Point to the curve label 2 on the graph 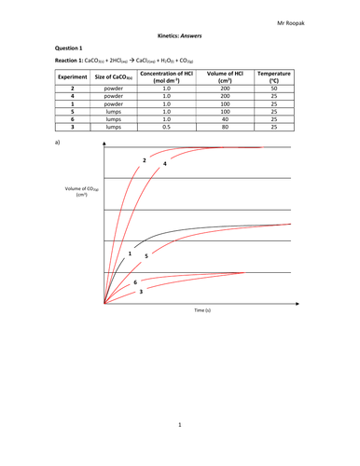pyautogui.click(x=144, y=161)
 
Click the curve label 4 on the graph pyautogui.click(x=165, y=164)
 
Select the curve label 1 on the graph pyautogui.click(x=129, y=254)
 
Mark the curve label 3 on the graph pyautogui.click(x=141, y=292)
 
